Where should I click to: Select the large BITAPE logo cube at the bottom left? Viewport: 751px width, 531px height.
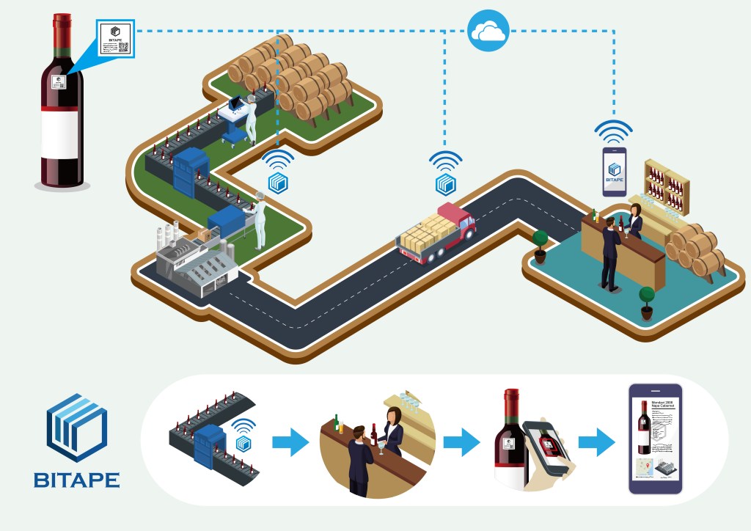[76, 428]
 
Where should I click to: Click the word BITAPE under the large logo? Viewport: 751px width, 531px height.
[76, 480]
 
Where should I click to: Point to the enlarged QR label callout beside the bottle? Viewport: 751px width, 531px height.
[116, 40]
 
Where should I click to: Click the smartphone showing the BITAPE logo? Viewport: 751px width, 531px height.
[615, 172]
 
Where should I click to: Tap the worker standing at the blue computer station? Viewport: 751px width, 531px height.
[251, 117]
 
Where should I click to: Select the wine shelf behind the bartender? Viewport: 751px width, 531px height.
[667, 183]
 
